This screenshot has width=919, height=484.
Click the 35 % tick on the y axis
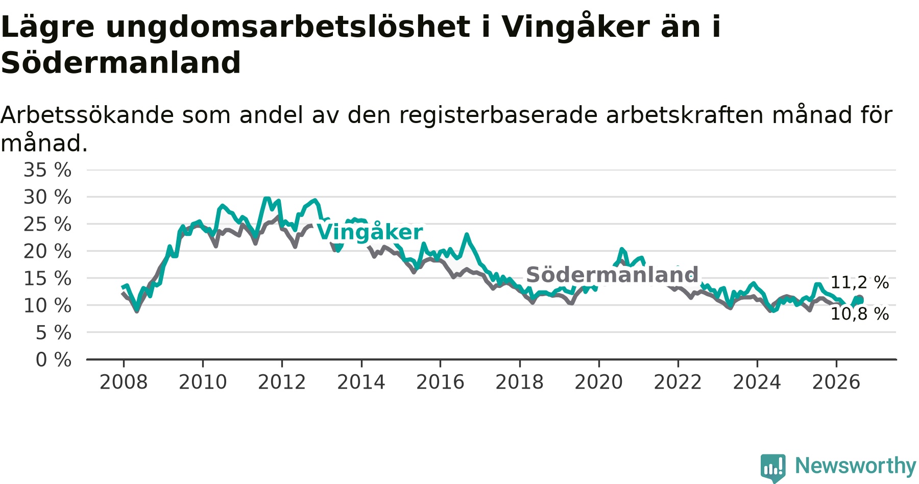tap(47, 170)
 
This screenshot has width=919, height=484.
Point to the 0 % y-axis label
tap(54, 360)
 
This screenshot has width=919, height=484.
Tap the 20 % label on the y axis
tap(47, 251)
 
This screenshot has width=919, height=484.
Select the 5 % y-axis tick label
tap(54, 333)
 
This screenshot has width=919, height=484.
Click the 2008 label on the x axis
tap(124, 382)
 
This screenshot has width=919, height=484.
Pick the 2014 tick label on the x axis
tap(361, 382)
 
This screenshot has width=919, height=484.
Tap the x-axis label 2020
tap(599, 382)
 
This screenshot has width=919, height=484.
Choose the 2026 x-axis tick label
tap(836, 382)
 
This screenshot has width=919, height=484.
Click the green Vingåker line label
tap(370, 232)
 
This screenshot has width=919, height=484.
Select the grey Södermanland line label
tap(612, 275)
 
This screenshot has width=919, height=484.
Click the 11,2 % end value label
tap(860, 282)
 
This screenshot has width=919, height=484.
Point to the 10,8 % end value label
tap(860, 314)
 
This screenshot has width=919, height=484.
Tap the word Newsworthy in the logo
tap(856, 466)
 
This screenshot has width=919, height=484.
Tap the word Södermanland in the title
tap(120, 63)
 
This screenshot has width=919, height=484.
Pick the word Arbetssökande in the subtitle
tap(87, 115)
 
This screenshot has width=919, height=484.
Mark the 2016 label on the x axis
tap(440, 382)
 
